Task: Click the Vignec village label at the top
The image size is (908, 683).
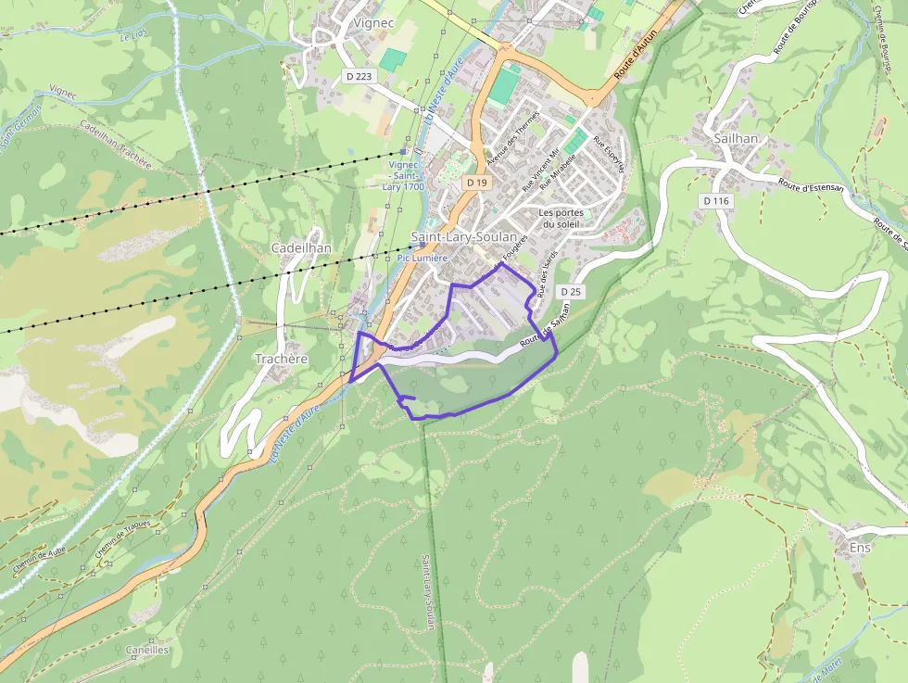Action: [x=374, y=23]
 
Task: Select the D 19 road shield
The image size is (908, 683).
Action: [x=476, y=183]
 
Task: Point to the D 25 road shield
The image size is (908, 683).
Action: [x=571, y=292]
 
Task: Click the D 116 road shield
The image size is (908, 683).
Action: [x=716, y=200]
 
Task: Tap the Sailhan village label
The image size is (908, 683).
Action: [x=736, y=138]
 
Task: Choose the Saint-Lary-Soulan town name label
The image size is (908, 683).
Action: [x=463, y=237]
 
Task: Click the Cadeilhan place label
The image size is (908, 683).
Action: [x=301, y=248]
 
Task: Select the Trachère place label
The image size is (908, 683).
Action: [x=281, y=359]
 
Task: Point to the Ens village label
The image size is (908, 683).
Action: [x=860, y=548]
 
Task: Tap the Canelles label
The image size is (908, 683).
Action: [x=147, y=650]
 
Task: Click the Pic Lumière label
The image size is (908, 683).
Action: [x=422, y=258]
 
